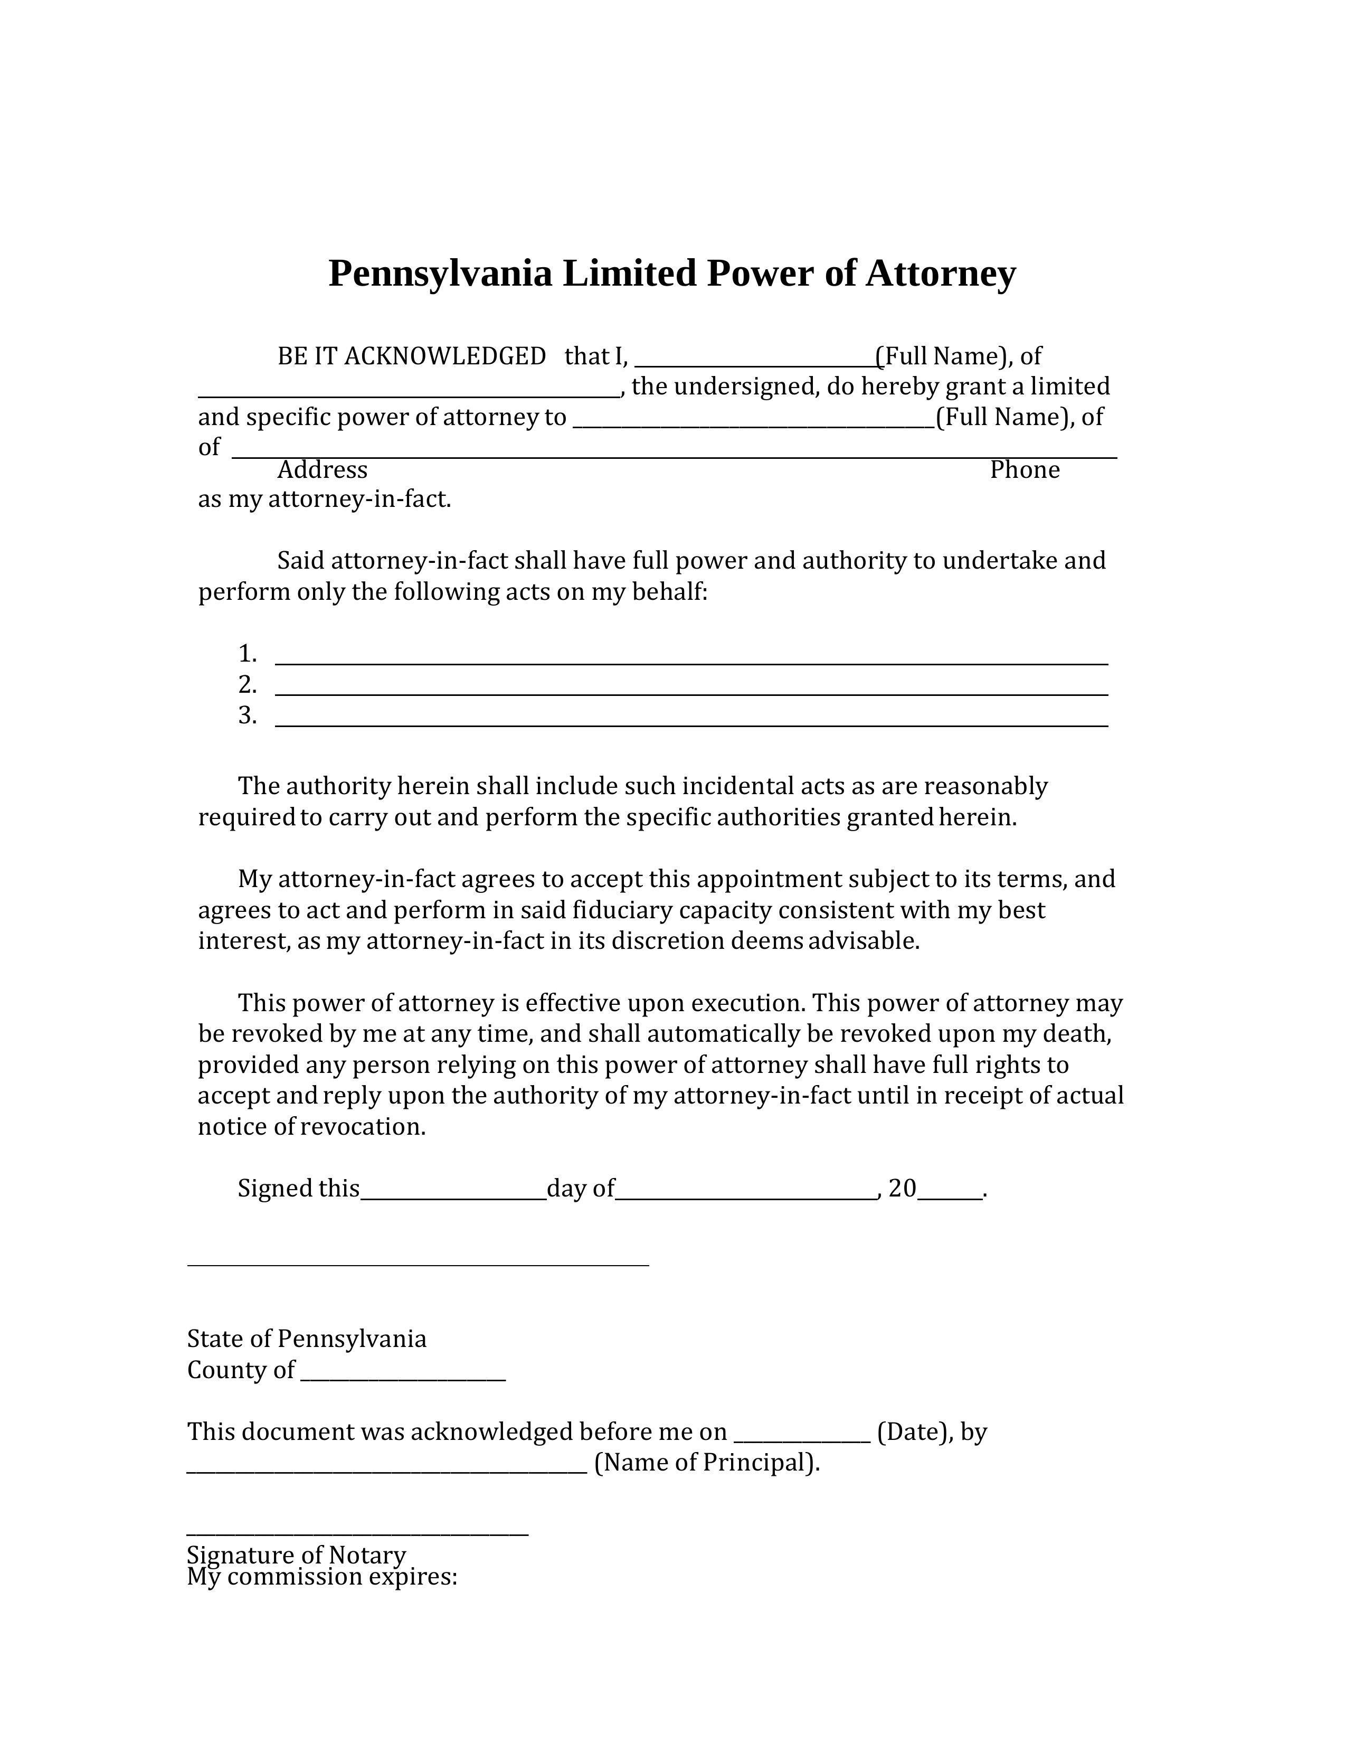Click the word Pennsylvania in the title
(440, 274)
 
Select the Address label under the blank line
(323, 470)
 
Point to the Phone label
(1025, 470)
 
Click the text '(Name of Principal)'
(707, 1463)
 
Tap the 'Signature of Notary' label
(297, 1554)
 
